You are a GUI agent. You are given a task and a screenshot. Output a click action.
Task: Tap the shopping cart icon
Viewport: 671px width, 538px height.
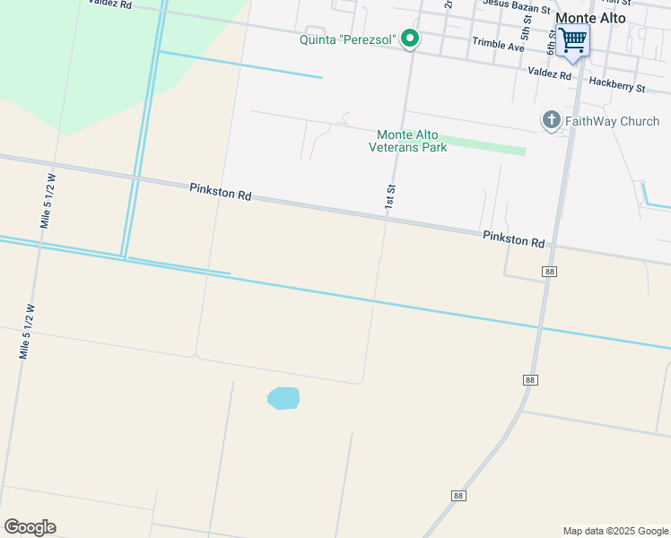pyautogui.click(x=571, y=39)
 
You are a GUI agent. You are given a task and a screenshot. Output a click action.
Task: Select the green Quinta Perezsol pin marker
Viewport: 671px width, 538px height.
pyautogui.click(x=410, y=39)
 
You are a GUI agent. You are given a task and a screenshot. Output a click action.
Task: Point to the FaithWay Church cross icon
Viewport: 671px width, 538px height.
pyautogui.click(x=551, y=120)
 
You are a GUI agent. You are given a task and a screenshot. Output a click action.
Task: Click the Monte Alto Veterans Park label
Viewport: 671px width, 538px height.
pyautogui.click(x=408, y=141)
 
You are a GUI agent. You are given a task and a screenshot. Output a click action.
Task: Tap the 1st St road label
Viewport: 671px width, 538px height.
pyautogui.click(x=390, y=196)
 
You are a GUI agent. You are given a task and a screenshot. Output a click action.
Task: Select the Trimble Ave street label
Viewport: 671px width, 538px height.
pyautogui.click(x=498, y=46)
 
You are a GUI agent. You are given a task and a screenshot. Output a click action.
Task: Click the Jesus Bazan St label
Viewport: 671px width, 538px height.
pyautogui.click(x=516, y=5)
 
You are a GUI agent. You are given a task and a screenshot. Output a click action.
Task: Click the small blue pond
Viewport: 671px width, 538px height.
pyautogui.click(x=283, y=398)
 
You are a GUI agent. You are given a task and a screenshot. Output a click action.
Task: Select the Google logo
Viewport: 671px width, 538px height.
pyautogui.click(x=30, y=527)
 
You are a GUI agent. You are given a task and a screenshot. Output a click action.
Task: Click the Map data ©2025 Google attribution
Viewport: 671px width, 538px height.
pyautogui.click(x=615, y=531)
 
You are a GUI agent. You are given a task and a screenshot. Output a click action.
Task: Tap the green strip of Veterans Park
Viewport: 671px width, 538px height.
pyautogui.click(x=484, y=145)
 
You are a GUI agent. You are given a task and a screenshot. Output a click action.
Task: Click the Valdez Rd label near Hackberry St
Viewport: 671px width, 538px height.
pyautogui.click(x=550, y=74)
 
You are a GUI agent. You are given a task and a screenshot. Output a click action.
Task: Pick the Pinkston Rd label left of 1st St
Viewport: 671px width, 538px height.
pyautogui.click(x=220, y=191)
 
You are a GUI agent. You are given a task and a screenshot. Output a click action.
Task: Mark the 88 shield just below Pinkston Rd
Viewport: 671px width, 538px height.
pyautogui.click(x=550, y=271)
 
